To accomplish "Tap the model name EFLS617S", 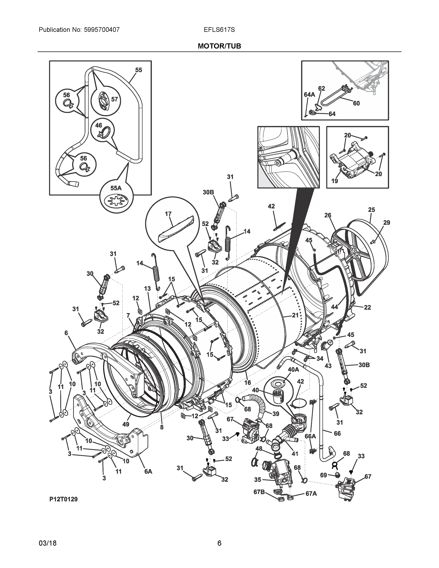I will coord(219,30).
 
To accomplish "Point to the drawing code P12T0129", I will coord(64,499).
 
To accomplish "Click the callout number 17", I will coord(168,214).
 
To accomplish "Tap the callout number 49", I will coord(126,424).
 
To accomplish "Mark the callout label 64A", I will coord(309,95).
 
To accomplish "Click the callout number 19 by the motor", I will coord(335,181).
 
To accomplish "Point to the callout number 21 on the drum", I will coord(295,315).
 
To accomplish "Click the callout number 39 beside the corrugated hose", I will coord(275,413).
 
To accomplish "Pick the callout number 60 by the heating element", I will coord(356,103).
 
